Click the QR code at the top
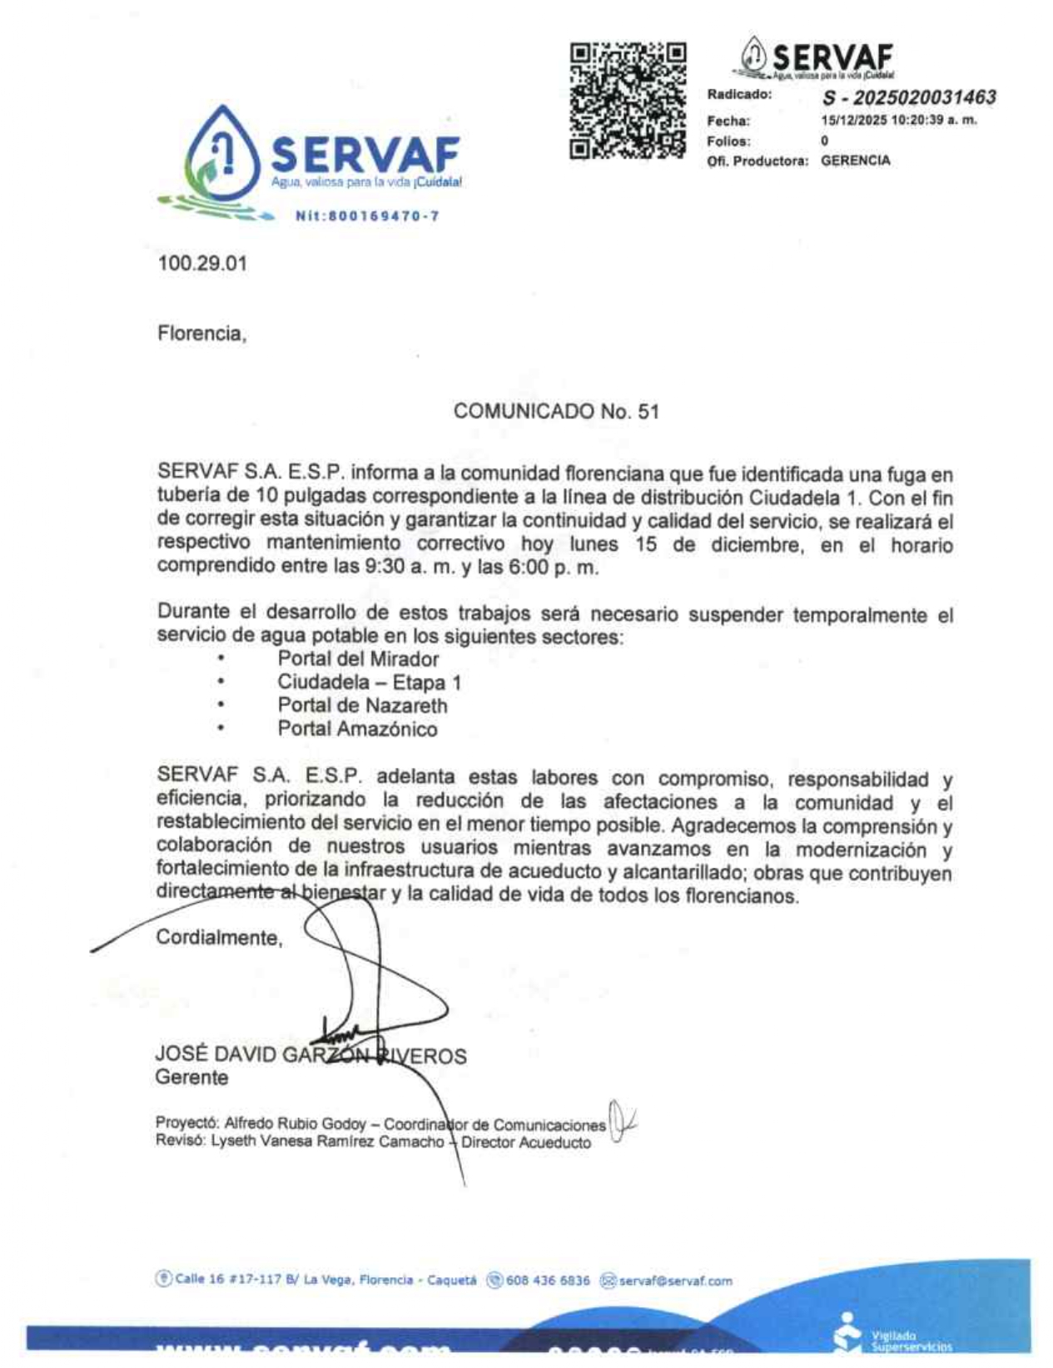tap(628, 101)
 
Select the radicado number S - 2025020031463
tap(908, 97)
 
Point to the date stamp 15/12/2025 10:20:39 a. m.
tap(898, 120)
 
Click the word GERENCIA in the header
tap(855, 161)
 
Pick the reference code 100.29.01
tap(202, 264)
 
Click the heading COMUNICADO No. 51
tap(556, 411)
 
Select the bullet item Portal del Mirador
tap(358, 659)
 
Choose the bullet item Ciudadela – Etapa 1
tap(369, 682)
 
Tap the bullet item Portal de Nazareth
tap(362, 706)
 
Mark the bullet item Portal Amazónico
tap(357, 729)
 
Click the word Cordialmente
tap(219, 938)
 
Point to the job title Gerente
tap(191, 1078)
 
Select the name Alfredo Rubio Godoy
tap(295, 1123)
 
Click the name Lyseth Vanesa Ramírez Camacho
tap(327, 1142)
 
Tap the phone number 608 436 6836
tap(547, 1281)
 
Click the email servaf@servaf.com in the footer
tap(675, 1281)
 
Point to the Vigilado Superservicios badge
tap(895, 1337)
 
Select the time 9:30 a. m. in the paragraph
tap(401, 568)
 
